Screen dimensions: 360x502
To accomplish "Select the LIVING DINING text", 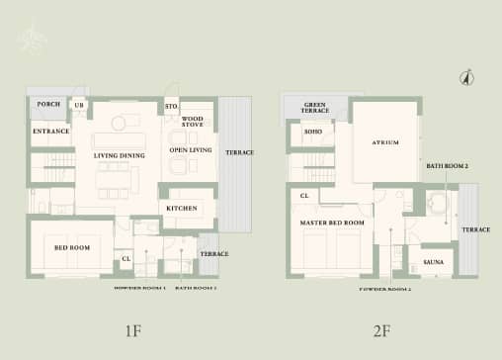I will (120, 156).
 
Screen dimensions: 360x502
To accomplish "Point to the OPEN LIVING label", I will (191, 150).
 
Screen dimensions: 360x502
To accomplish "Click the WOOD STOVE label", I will (193, 122).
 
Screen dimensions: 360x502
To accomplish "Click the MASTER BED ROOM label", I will (332, 224).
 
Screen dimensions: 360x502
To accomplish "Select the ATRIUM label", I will (385, 143).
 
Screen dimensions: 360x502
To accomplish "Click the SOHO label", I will (312, 132).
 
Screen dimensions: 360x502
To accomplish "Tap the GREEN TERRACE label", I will (315, 108).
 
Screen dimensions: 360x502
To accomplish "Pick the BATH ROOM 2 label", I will (448, 166).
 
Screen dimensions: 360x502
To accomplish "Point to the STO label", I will (170, 105).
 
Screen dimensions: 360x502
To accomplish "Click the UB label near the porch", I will (79, 105).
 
